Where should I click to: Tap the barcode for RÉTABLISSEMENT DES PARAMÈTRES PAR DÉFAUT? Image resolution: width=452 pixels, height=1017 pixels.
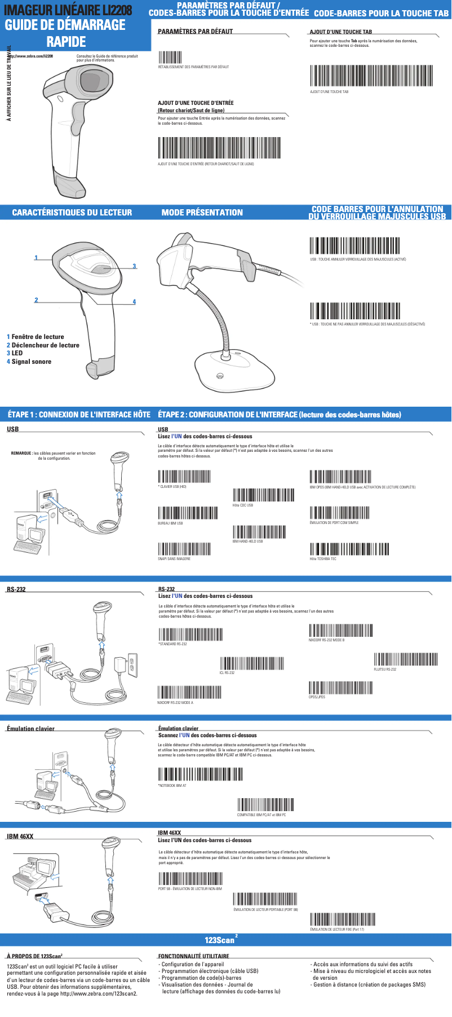(170, 57)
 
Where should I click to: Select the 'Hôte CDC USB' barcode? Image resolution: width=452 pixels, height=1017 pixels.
(263, 495)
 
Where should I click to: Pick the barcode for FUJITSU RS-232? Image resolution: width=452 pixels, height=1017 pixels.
(406, 659)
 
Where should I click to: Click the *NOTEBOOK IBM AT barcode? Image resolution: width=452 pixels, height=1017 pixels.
(200, 774)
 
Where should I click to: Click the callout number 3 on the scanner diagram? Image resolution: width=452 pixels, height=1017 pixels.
(134, 266)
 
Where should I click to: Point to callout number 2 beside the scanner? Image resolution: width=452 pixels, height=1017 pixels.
(36, 300)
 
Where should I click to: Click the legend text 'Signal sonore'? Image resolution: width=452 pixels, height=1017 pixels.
(32, 362)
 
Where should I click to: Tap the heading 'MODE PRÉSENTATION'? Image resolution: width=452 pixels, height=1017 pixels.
(202, 213)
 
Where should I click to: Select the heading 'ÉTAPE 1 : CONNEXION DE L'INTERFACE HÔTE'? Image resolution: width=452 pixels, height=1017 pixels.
(79, 415)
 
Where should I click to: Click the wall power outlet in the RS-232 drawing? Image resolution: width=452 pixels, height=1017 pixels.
(133, 665)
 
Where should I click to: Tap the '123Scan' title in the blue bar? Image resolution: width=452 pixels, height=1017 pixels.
(220, 940)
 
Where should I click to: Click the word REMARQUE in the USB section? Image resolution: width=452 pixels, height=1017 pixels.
(21, 453)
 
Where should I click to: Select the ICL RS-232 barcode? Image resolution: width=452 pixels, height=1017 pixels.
(251, 663)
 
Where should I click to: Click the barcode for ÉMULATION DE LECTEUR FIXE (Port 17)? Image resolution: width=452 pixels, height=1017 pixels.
(342, 920)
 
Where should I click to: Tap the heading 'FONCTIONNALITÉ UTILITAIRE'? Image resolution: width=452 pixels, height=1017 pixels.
(193, 956)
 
